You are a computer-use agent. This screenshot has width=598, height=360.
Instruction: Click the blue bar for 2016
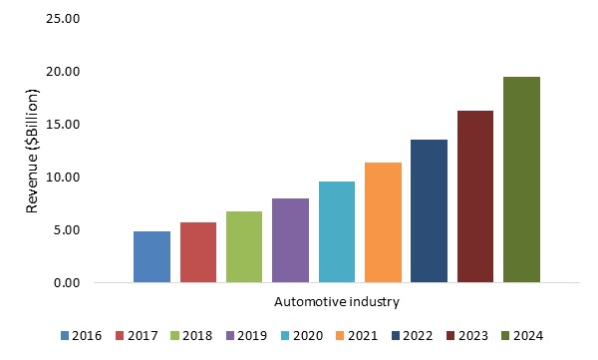click(x=151, y=257)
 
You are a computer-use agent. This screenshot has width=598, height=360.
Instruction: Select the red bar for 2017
click(x=198, y=252)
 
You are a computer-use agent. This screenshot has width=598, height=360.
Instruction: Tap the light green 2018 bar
click(x=244, y=247)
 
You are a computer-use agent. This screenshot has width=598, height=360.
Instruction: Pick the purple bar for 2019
click(x=291, y=240)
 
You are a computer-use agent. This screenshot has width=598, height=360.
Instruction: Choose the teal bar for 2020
click(x=337, y=232)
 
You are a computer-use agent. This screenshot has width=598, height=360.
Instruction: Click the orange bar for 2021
click(x=383, y=222)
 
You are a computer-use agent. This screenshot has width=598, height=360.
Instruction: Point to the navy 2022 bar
click(x=429, y=211)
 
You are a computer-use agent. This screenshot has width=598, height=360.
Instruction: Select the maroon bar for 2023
click(x=475, y=196)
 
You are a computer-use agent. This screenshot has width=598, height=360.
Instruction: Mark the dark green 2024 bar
click(x=521, y=180)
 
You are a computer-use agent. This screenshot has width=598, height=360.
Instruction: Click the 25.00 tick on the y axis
click(x=63, y=19)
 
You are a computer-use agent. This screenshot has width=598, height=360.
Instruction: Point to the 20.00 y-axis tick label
click(x=63, y=72)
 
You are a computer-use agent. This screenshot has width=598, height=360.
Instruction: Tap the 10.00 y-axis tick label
click(x=63, y=178)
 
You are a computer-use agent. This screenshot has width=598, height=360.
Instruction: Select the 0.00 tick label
click(x=67, y=283)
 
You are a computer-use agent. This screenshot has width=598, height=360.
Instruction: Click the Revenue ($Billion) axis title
click(x=33, y=152)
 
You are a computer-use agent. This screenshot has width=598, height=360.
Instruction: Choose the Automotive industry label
click(x=337, y=302)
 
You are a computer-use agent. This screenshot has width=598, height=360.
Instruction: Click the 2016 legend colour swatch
click(x=65, y=336)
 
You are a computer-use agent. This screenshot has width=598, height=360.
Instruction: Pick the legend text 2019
click(x=252, y=336)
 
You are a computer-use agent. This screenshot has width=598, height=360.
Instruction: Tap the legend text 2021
click(x=363, y=336)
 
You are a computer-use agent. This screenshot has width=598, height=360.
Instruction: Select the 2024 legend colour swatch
click(x=505, y=336)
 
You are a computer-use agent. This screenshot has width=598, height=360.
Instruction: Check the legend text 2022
click(x=418, y=336)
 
